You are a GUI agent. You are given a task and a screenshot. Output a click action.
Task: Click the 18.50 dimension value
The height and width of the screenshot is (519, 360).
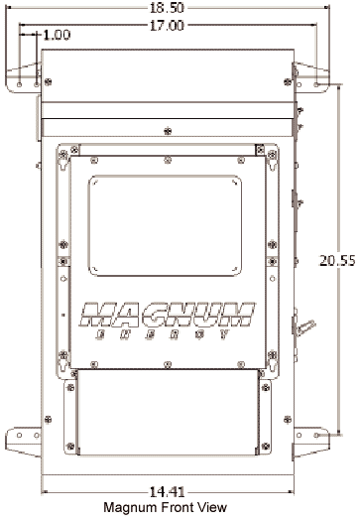(167, 8)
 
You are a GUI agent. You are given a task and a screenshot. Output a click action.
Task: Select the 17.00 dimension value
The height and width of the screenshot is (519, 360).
(167, 26)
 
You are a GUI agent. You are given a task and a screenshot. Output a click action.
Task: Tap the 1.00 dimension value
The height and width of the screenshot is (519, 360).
(57, 35)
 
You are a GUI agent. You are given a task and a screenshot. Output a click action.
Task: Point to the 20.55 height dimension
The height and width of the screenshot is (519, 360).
(337, 261)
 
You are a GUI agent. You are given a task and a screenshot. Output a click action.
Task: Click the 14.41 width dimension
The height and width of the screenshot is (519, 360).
(167, 492)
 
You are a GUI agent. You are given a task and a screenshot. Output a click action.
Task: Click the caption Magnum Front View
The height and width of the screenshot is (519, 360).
(165, 507)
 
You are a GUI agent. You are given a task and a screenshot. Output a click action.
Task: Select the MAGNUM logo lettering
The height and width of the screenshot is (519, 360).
(167, 315)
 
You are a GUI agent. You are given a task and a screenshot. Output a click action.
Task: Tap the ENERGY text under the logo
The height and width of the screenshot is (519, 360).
(162, 334)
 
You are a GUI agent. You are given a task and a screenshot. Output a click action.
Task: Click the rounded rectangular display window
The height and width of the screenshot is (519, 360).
(165, 225)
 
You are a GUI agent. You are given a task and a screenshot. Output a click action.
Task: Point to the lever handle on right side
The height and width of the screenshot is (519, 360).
(305, 327)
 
